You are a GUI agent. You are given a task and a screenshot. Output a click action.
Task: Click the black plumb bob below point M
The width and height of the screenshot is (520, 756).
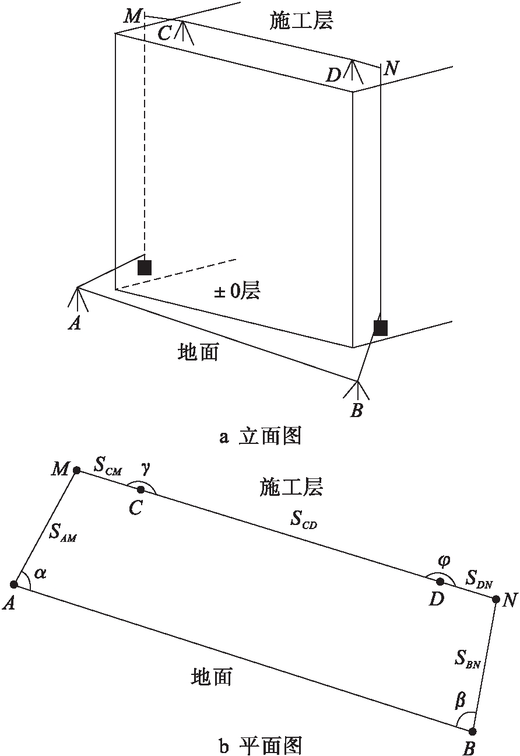point(144,267)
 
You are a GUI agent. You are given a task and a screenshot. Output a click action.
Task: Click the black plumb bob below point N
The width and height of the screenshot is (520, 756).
point(380,328)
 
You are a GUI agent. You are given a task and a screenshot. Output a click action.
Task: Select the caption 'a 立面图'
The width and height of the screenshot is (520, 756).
point(260,436)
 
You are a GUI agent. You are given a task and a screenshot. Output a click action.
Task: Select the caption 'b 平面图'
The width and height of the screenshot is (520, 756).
point(260,745)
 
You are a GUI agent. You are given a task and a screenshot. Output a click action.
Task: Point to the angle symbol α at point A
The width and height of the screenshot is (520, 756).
point(40,573)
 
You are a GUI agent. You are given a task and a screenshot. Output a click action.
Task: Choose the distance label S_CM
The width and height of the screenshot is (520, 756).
point(108,467)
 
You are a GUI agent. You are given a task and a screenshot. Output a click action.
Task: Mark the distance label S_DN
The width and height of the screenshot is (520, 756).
point(479,579)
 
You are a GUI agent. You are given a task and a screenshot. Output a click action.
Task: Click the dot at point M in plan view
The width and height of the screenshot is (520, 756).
point(77,470)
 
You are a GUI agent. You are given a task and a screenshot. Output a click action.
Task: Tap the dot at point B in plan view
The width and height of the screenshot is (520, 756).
point(472,731)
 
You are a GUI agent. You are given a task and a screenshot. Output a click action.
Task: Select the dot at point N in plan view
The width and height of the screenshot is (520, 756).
point(495,599)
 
